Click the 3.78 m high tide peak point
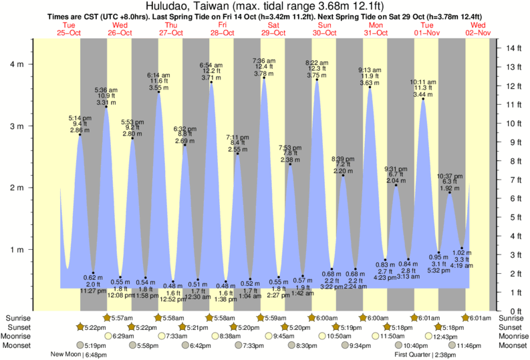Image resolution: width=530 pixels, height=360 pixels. click(264, 77)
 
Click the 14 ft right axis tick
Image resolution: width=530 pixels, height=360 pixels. click(512, 48)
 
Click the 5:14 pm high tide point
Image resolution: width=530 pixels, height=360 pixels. click(80, 134)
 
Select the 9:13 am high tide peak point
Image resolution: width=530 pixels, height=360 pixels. click(370, 87)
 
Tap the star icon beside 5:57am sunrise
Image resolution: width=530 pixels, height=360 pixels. click(108, 317)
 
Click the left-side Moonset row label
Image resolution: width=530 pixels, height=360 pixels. click(17, 345)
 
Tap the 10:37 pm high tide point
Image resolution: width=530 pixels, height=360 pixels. click(450, 192)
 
